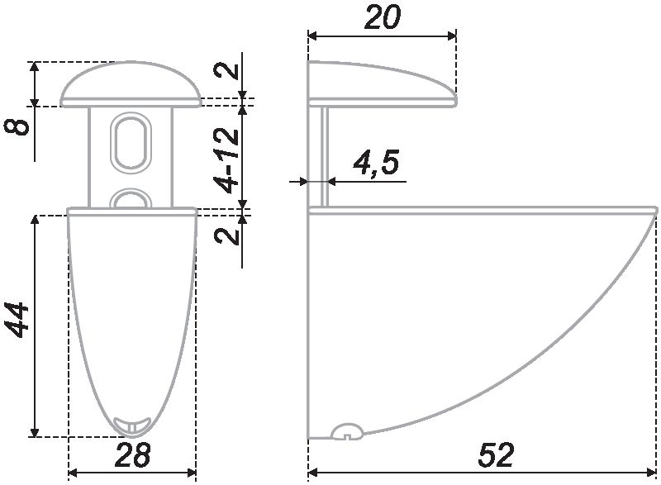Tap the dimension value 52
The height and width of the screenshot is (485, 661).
(x=497, y=454)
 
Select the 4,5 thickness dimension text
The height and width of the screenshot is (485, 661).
(x=376, y=163)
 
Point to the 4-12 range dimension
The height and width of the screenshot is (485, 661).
(x=226, y=161)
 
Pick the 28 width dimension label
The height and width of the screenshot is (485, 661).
(x=132, y=454)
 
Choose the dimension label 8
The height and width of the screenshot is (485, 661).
(x=17, y=127)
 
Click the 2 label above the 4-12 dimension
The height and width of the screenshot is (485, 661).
(x=226, y=72)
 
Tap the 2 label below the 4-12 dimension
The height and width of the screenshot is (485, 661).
(x=226, y=236)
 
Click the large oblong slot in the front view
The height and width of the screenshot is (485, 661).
(x=131, y=143)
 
